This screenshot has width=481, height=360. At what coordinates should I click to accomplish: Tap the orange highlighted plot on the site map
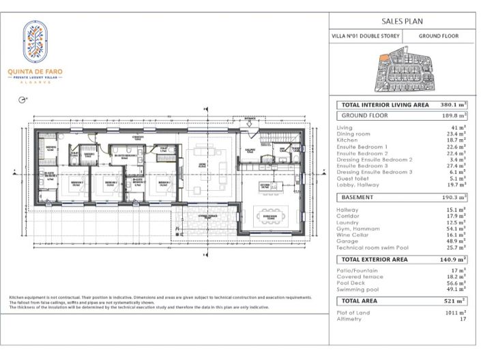tap(384, 59)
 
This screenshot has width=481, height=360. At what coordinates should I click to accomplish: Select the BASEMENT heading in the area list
tap(358, 196)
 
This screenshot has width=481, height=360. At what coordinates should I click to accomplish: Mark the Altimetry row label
tap(349, 318)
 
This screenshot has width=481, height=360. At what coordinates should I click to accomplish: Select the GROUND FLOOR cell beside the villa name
tap(438, 36)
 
